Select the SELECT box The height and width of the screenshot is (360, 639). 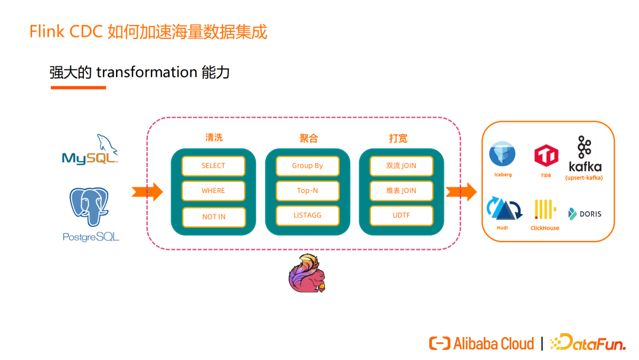click(213, 166)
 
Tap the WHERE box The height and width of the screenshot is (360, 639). click(213, 191)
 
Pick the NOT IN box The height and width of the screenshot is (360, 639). click(213, 217)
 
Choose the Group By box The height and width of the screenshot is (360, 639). click(307, 166)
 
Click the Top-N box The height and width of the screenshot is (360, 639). click(307, 191)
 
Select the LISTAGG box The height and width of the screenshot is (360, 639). click(307, 216)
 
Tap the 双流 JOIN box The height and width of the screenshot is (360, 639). click(401, 166)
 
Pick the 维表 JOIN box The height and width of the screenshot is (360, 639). click(401, 191)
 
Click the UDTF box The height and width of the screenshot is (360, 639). click(401, 216)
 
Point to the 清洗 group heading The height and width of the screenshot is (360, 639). click(214, 138)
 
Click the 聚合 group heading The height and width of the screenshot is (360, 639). click(308, 139)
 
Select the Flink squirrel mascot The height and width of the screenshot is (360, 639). click(307, 274)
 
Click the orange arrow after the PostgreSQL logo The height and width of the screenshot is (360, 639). click(147, 191)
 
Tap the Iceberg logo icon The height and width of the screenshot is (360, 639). click(502, 155)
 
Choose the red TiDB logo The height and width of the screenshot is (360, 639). click(546, 156)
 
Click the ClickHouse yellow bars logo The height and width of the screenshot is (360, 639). click(544, 210)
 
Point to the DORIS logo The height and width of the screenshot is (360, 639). click(585, 214)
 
